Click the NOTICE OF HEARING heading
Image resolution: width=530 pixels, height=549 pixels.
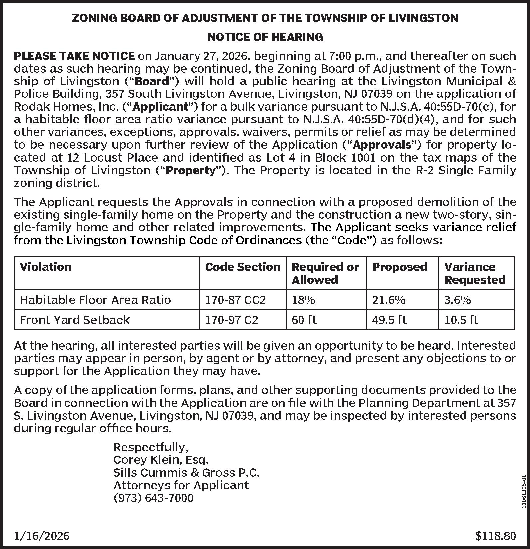pyautogui.click(x=265, y=37)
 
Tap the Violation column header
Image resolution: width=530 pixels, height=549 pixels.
pyautogui.click(x=46, y=267)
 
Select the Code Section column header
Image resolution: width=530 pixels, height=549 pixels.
pyautogui.click(x=243, y=267)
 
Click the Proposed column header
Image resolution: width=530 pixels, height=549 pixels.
pyautogui.click(x=400, y=267)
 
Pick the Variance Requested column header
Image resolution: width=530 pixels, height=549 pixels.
pyautogui.click(x=474, y=273)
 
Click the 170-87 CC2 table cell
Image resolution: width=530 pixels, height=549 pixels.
pyautogui.click(x=235, y=300)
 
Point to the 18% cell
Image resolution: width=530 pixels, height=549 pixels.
pyautogui.click(x=303, y=300)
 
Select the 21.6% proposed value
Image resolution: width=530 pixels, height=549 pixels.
pyautogui.click(x=389, y=300)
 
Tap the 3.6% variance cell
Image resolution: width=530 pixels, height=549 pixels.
pyautogui.click(x=458, y=300)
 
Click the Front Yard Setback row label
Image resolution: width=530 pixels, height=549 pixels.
pyautogui.click(x=75, y=320)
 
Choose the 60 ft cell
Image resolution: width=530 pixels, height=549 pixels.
pyautogui.click(x=304, y=320)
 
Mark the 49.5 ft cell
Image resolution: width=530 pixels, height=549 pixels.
pyautogui.click(x=389, y=320)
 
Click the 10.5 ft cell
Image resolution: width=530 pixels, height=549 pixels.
pyautogui.click(x=461, y=320)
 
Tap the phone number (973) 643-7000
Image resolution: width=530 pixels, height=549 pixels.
pyautogui.click(x=153, y=498)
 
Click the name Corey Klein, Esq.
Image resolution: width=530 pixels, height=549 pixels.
pyautogui.click(x=161, y=460)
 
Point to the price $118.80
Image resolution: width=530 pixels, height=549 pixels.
pyautogui.click(x=495, y=536)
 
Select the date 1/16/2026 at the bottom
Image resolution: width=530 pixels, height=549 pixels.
pyautogui.click(x=42, y=536)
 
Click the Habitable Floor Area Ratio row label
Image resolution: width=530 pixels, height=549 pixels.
pyautogui.click(x=95, y=300)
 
